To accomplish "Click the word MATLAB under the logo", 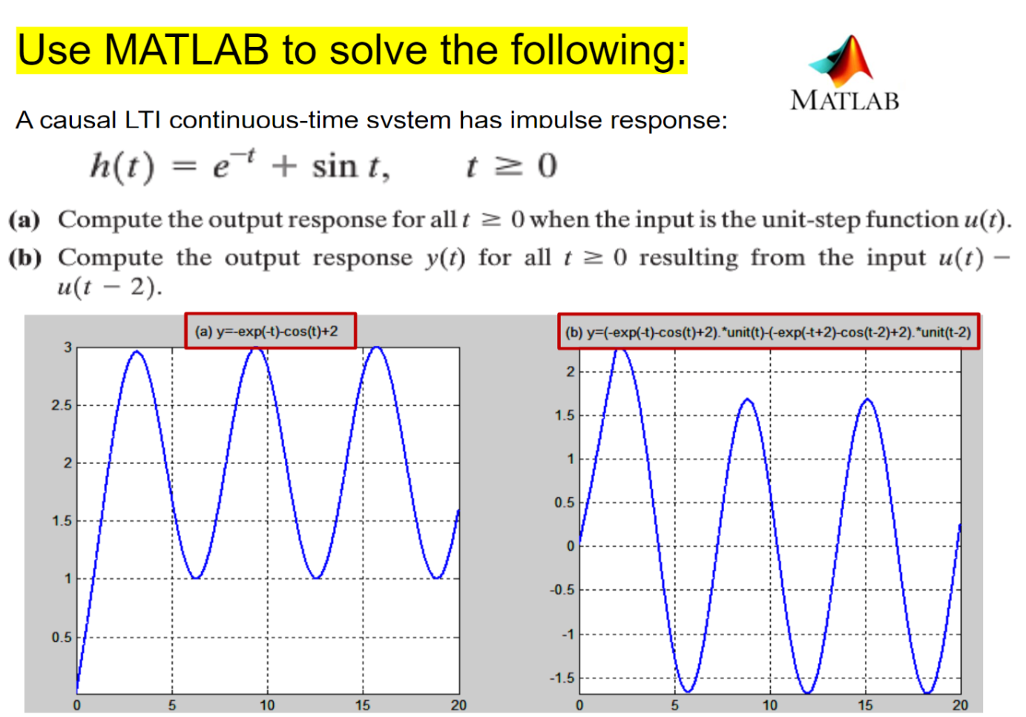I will (x=844, y=100).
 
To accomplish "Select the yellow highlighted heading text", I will (x=352, y=50).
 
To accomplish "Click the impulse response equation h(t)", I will (x=240, y=166).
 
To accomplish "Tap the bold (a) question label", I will (x=24, y=220).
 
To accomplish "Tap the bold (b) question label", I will (x=24, y=258).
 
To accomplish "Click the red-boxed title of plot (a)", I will (x=270, y=331).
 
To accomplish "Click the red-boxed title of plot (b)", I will (x=768, y=332).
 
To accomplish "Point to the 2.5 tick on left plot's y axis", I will (x=62, y=405).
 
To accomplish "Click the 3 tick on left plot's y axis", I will (x=68, y=347).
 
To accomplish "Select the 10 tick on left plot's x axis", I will (x=267, y=705).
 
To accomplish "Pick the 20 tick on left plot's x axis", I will (x=458, y=705).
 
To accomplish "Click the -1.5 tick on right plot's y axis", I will (x=562, y=678).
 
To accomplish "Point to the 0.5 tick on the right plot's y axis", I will (x=564, y=502).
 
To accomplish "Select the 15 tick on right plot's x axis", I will (x=865, y=705).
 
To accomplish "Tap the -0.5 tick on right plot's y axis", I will (x=562, y=590).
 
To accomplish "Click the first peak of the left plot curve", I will (x=137, y=352).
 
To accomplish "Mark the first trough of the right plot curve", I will (x=687, y=692).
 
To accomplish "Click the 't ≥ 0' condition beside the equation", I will (x=511, y=166).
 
